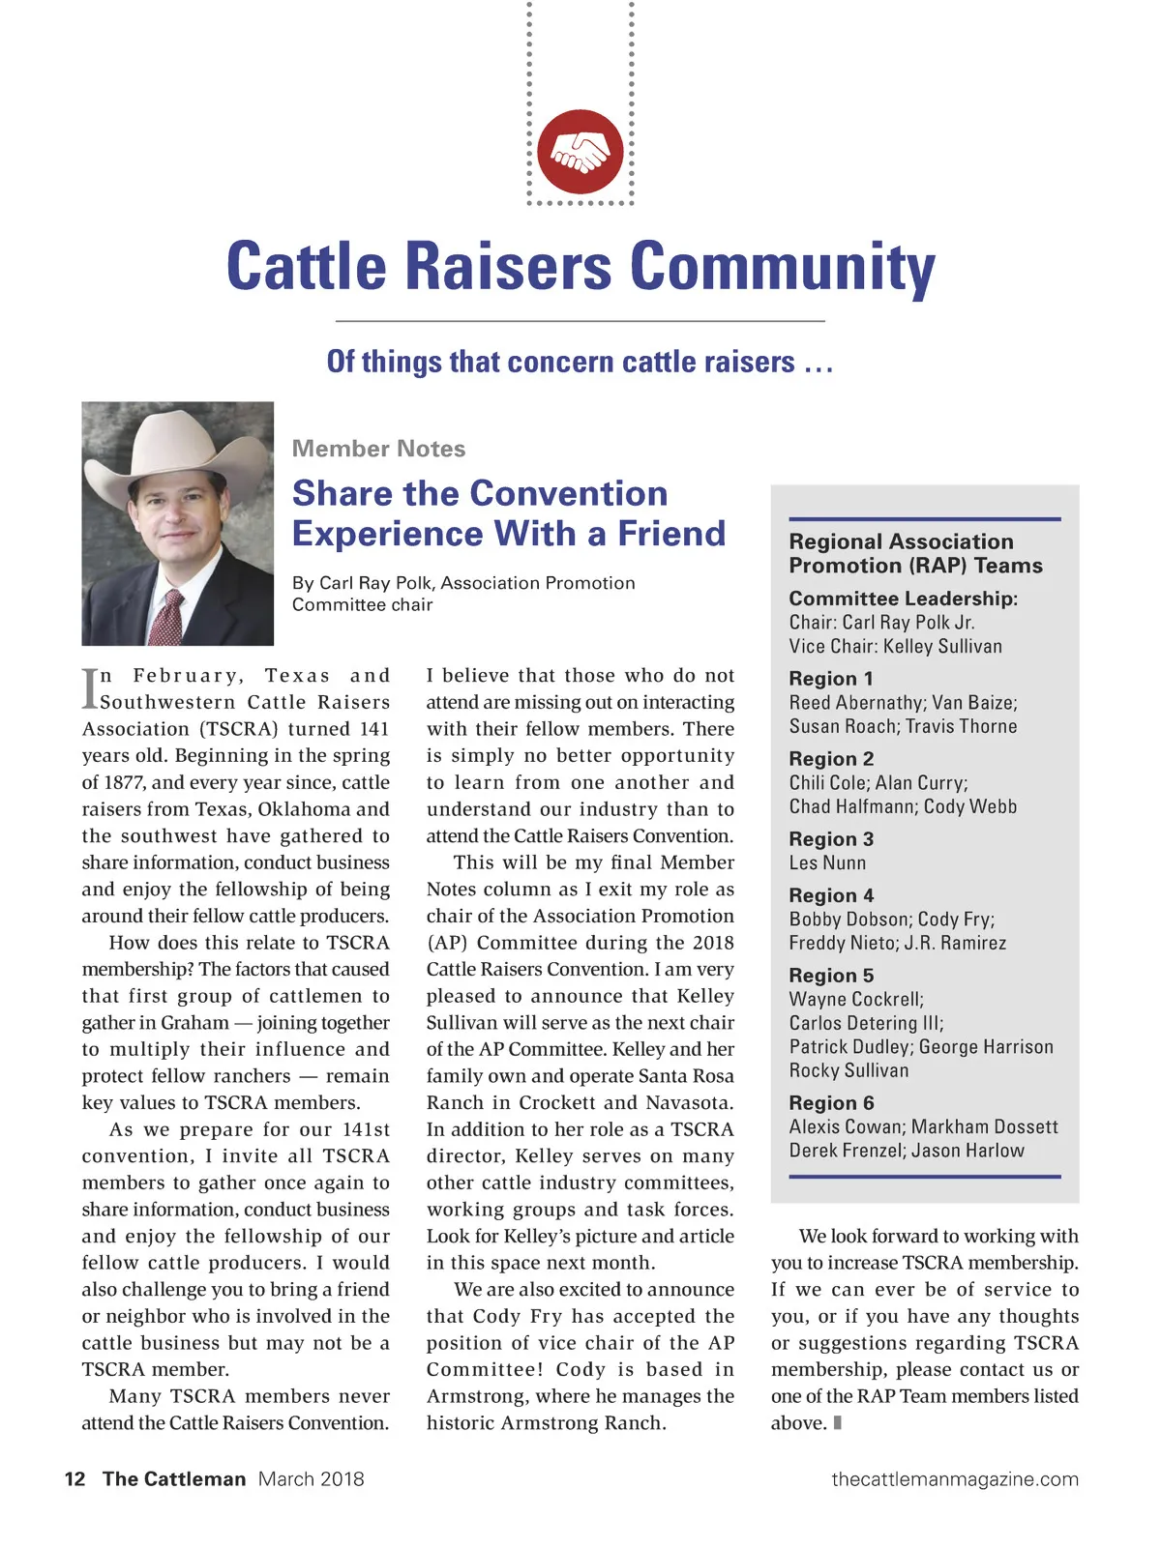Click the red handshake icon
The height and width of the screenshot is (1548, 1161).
pyautogui.click(x=580, y=152)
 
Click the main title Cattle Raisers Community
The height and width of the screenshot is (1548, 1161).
pyautogui.click(x=580, y=266)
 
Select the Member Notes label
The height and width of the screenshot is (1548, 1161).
pyautogui.click(x=378, y=449)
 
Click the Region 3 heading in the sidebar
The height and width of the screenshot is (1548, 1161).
pyautogui.click(x=831, y=839)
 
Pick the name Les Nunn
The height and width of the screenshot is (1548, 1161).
pyautogui.click(x=827, y=862)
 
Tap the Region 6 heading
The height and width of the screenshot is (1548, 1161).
pyautogui.click(x=831, y=1103)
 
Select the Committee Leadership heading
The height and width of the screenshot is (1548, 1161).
pyautogui.click(x=903, y=599)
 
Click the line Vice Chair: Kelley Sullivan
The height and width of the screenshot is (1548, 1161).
pyautogui.click(x=895, y=646)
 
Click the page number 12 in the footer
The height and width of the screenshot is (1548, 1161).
pyautogui.click(x=74, y=1478)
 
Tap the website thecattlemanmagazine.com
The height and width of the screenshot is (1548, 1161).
pyautogui.click(x=954, y=1478)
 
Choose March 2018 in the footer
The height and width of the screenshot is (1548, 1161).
pyautogui.click(x=311, y=1478)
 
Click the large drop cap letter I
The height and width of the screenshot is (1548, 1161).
pyautogui.click(x=90, y=688)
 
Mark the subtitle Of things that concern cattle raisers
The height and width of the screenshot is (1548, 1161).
pyautogui.click(x=580, y=362)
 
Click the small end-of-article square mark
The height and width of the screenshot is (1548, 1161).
pyautogui.click(x=837, y=1422)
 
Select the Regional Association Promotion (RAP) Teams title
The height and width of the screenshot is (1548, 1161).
pyautogui.click(x=915, y=553)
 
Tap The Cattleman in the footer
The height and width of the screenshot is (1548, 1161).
pyautogui.click(x=174, y=1478)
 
